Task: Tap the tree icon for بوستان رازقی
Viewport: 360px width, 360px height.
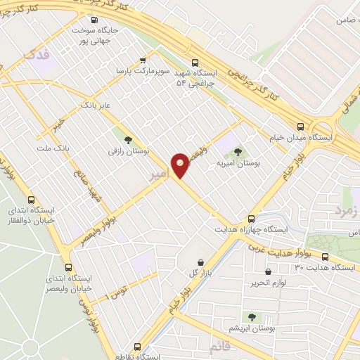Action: click(x=127, y=140)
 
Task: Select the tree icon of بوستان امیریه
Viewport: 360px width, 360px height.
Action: click(x=238, y=151)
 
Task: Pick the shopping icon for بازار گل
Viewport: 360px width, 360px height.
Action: click(x=200, y=262)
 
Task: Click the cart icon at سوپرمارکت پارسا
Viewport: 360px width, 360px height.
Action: click(x=143, y=60)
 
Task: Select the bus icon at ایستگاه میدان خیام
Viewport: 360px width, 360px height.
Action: click(x=301, y=127)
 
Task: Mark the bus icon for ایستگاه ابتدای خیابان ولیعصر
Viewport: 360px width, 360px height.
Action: click(x=68, y=267)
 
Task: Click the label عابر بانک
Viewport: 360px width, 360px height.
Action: click(x=96, y=104)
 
